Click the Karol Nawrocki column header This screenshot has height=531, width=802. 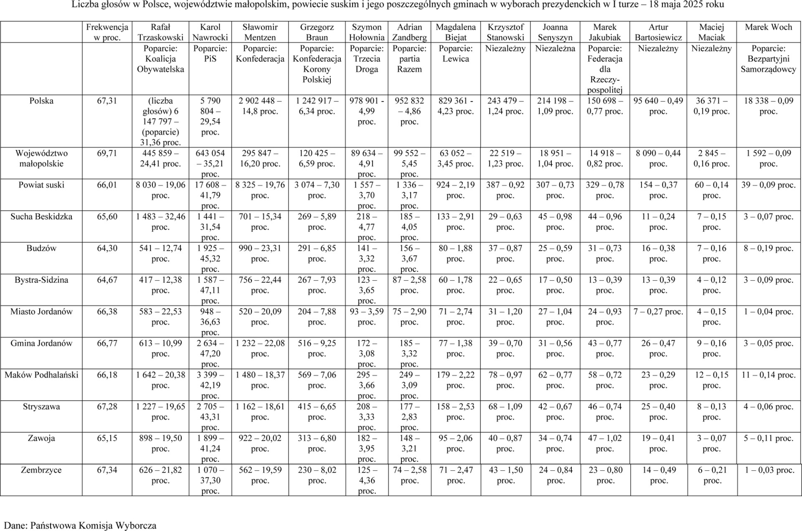(x=210, y=32)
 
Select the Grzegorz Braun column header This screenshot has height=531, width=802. (x=317, y=32)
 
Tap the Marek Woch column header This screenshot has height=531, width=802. (x=768, y=27)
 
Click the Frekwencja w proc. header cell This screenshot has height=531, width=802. (x=107, y=32)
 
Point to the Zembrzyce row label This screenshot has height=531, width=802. (x=41, y=470)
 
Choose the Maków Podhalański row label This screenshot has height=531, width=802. (x=41, y=375)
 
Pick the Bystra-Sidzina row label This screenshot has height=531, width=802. (x=41, y=280)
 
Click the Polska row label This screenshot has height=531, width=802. (x=41, y=101)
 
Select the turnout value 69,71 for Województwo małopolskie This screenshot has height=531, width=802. (x=107, y=153)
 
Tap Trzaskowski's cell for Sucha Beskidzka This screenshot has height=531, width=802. (x=160, y=222)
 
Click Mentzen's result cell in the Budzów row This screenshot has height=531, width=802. (x=260, y=253)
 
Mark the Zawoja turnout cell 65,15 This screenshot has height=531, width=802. (x=107, y=438)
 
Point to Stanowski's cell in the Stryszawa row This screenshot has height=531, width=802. (x=505, y=412)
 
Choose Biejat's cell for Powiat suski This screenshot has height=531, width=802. (x=455, y=190)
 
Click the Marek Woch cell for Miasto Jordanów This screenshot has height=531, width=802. (x=768, y=312)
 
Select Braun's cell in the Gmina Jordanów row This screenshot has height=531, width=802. (x=317, y=348)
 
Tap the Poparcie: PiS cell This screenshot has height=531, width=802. (x=210, y=53)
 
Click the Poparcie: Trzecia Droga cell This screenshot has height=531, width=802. (x=366, y=59)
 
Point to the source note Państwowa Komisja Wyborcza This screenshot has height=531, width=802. (x=93, y=526)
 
